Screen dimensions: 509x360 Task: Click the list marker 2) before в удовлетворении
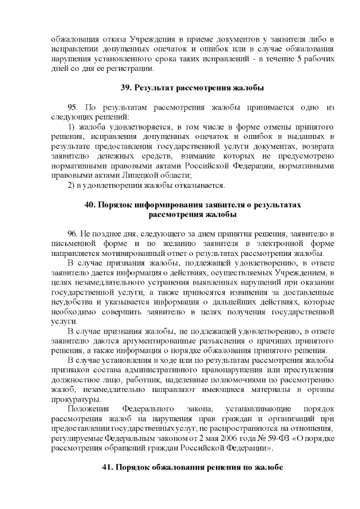pos(71,185)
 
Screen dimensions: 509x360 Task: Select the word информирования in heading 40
pos(164,205)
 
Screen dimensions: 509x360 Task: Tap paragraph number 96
pos(73,233)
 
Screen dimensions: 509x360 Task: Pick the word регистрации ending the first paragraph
pos(129,68)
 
